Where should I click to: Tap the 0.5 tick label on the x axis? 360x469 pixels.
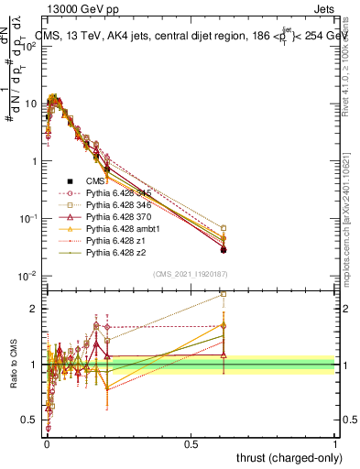point(191,443)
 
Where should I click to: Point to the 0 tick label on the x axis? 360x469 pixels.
point(46,443)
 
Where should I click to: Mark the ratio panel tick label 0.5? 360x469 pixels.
point(30,420)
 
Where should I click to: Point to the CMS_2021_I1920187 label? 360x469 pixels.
point(191,274)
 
